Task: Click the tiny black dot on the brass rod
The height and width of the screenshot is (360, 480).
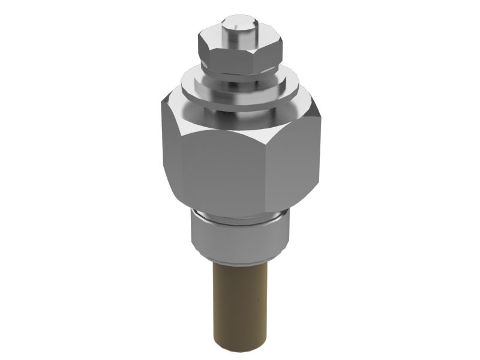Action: [255, 298]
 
